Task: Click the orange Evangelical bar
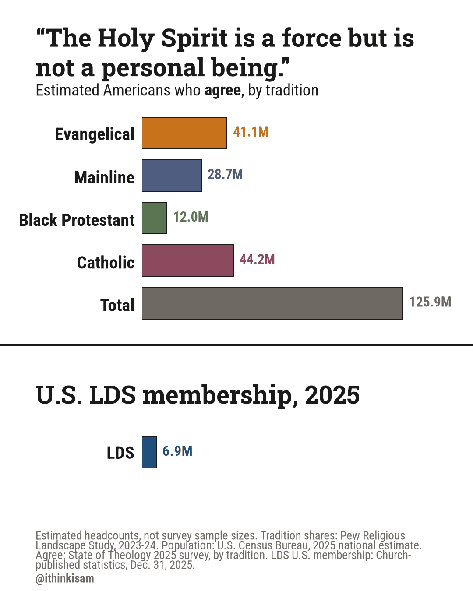pyautogui.click(x=184, y=133)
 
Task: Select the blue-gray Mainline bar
pyautogui.click(x=172, y=176)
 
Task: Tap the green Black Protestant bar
pyautogui.click(x=155, y=218)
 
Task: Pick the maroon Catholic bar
pyautogui.click(x=188, y=260)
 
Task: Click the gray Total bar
pyautogui.click(x=272, y=303)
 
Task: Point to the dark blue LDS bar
pyautogui.click(x=149, y=452)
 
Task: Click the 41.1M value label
pyautogui.click(x=251, y=132)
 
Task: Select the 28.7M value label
pyautogui.click(x=225, y=174)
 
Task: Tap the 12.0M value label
pyautogui.click(x=191, y=217)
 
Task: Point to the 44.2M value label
pyautogui.click(x=257, y=259)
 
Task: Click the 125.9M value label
pyautogui.click(x=430, y=302)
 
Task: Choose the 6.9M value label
pyautogui.click(x=177, y=451)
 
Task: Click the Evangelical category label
pyautogui.click(x=95, y=134)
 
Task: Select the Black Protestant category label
pyautogui.click(x=77, y=220)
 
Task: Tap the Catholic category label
pyautogui.click(x=106, y=263)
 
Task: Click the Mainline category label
pyautogui.click(x=104, y=177)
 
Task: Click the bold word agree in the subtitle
pyautogui.click(x=223, y=91)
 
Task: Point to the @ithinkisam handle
pyautogui.click(x=65, y=578)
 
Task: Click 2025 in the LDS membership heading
pyautogui.click(x=332, y=395)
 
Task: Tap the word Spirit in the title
pyautogui.click(x=194, y=39)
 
